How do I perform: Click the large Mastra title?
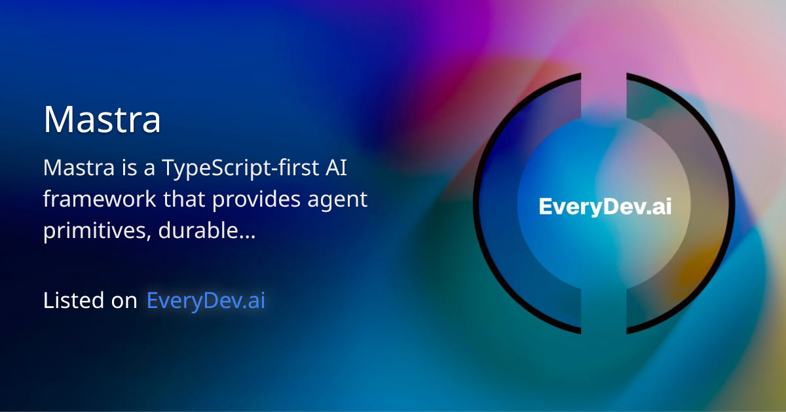pos(102,119)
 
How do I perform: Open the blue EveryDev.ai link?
pos(206,300)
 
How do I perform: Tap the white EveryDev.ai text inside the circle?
pos(605,206)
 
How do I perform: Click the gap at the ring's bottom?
pos(604,330)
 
